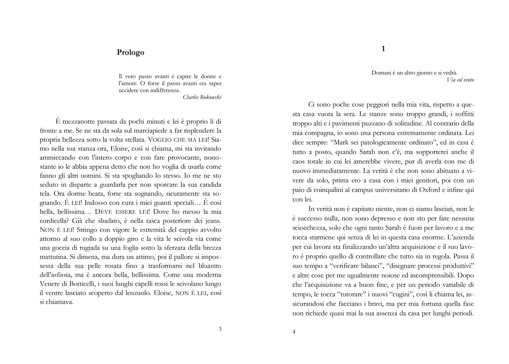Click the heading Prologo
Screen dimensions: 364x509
pos(130,52)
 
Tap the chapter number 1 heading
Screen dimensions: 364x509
pos(383,49)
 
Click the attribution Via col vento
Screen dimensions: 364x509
pos(460,80)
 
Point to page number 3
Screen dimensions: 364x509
pos(220,329)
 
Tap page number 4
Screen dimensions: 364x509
pos(294,332)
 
